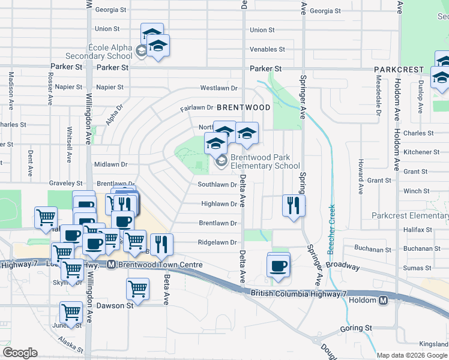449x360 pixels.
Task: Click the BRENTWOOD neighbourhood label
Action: coord(243,107)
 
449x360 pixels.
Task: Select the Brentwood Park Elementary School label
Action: coord(265,161)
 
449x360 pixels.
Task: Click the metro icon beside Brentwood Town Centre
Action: coord(111,265)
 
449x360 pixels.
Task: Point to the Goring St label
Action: coord(355,328)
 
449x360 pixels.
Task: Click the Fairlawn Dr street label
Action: coord(197,108)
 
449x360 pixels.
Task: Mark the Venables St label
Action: coord(267,49)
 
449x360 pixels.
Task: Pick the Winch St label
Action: coord(417,191)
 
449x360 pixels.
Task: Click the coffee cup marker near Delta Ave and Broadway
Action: coord(278,265)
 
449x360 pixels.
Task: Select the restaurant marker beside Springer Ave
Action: coord(294,205)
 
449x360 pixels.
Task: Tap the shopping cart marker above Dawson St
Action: coord(137,289)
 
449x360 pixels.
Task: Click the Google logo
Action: coord(20,353)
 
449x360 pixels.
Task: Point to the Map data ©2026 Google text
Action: coord(412,355)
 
